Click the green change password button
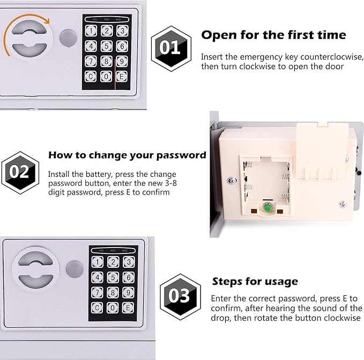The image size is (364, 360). (267, 206)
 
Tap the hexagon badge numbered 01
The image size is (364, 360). (171, 48)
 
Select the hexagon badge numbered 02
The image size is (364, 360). (20, 172)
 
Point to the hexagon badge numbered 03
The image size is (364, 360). (180, 297)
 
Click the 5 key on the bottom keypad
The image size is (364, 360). (113, 277)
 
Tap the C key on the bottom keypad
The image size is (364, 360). (97, 308)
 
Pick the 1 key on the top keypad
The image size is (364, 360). (91, 31)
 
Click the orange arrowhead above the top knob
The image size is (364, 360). (47, 21)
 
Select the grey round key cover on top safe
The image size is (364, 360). (68, 38)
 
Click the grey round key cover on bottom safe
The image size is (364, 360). (75, 269)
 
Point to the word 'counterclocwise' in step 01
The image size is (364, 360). (331, 57)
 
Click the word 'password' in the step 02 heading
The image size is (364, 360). (181, 155)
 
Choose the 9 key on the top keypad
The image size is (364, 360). (122, 62)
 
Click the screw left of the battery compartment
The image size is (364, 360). (231, 180)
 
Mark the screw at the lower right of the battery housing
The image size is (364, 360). (343, 204)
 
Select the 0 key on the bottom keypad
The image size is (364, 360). (113, 308)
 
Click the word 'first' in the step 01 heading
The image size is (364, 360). (304, 35)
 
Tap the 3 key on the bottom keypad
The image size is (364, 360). (129, 262)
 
